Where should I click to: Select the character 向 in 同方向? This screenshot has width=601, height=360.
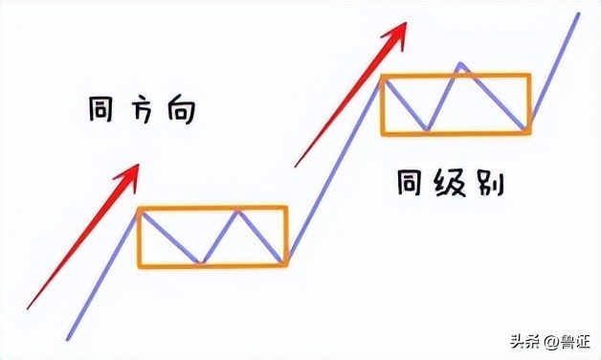tap(180, 111)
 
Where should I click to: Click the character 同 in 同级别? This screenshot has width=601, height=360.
tap(412, 182)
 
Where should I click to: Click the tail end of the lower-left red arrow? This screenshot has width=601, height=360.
tap(29, 307)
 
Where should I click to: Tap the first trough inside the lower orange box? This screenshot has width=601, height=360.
tap(198, 261)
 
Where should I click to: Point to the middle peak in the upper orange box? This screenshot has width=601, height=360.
tap(460, 65)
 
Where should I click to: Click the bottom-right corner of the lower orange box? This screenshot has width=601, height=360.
tap(286, 265)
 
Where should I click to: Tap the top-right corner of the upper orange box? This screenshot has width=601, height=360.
tap(529, 75)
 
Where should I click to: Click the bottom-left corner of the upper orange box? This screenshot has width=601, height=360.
tap(382, 133)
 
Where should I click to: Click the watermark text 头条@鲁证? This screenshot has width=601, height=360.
tap(549, 341)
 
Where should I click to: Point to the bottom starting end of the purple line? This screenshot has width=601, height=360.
tap(68, 338)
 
